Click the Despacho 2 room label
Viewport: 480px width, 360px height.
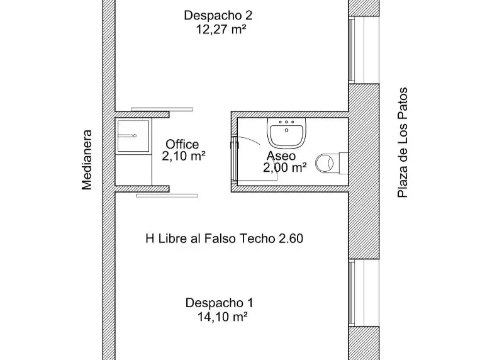[218, 15]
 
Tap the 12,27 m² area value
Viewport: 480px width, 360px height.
[221, 30]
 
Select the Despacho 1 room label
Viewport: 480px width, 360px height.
[219, 303]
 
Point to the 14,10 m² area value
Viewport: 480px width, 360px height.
[222, 317]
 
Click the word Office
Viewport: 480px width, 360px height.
[182, 144]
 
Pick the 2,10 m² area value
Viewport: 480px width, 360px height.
[183, 156]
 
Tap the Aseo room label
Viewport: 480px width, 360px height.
[281, 156]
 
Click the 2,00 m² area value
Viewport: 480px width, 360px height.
[285, 167]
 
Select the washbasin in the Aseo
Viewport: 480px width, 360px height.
[286, 132]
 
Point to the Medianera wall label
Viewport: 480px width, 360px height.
[87, 160]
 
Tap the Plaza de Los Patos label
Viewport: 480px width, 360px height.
[402, 142]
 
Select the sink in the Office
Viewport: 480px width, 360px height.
[133, 136]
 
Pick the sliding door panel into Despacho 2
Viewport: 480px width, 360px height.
[162, 110]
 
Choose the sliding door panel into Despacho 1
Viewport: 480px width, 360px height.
[167, 196]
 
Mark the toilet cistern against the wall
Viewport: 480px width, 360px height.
[343, 163]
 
